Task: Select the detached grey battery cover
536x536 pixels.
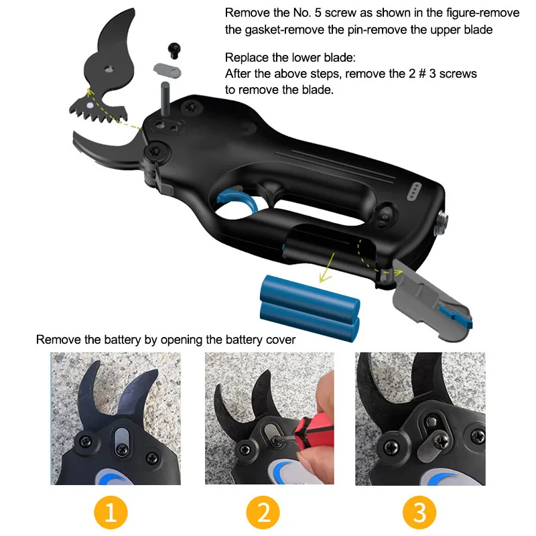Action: tap(429, 295)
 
